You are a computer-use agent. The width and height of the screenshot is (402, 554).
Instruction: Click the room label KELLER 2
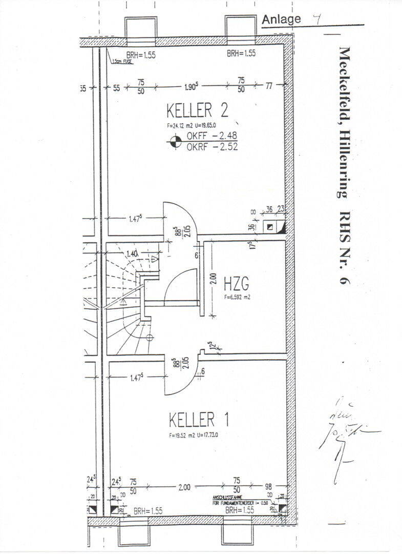(x=197, y=110)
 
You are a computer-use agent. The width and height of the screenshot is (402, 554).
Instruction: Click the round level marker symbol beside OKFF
(x=175, y=141)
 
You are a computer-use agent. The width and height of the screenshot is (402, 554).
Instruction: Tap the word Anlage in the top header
(x=281, y=19)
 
